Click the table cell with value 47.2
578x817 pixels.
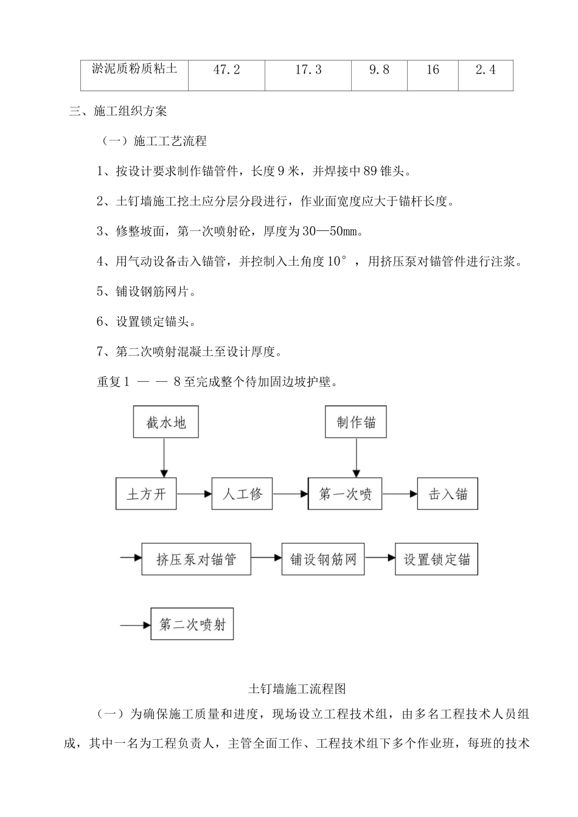pyautogui.click(x=226, y=71)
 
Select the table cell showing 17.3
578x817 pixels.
pyautogui.click(x=308, y=71)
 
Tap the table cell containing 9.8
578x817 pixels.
pyautogui.click(x=378, y=71)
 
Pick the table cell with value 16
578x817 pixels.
pyautogui.click(x=433, y=71)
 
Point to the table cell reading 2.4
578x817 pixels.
pyautogui.click(x=485, y=71)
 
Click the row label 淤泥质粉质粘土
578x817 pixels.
pyautogui.click(x=134, y=69)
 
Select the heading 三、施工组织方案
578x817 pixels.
pyautogui.click(x=118, y=111)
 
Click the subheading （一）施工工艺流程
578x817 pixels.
pyautogui.click(x=154, y=142)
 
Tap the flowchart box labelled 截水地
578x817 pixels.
pyautogui.click(x=165, y=422)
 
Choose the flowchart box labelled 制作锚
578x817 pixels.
pyautogui.click(x=357, y=422)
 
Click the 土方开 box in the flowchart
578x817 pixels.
pyautogui.click(x=146, y=494)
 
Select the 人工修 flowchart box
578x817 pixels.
pyautogui.click(x=242, y=494)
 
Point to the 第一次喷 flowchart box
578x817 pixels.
pyautogui.click(x=345, y=494)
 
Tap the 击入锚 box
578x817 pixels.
pyautogui.click(x=447, y=494)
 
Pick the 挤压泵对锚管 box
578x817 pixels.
pyautogui.click(x=196, y=559)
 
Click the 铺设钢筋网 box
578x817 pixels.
pyautogui.click(x=323, y=559)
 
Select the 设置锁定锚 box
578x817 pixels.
pyautogui.click(x=437, y=559)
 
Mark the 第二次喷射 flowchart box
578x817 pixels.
pyautogui.click(x=192, y=624)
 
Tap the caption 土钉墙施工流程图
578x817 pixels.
pyautogui.click(x=298, y=689)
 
